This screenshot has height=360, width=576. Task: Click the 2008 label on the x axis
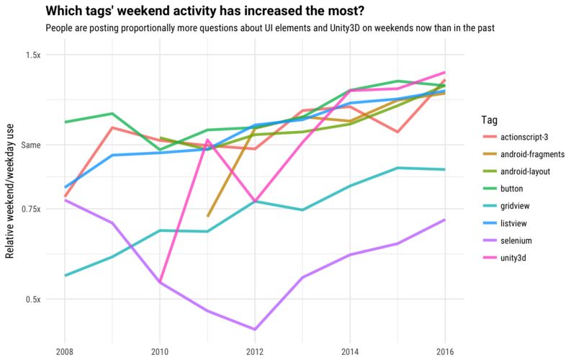(65, 351)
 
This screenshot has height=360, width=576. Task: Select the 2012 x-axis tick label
(254, 351)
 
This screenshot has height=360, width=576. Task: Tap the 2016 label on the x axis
(444, 351)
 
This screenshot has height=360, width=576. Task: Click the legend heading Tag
(486, 119)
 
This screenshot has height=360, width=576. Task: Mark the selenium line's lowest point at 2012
(254, 329)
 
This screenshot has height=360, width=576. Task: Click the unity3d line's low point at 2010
(160, 282)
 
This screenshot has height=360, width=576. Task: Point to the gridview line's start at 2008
(65, 275)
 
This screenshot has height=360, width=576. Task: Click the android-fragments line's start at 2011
(207, 215)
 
